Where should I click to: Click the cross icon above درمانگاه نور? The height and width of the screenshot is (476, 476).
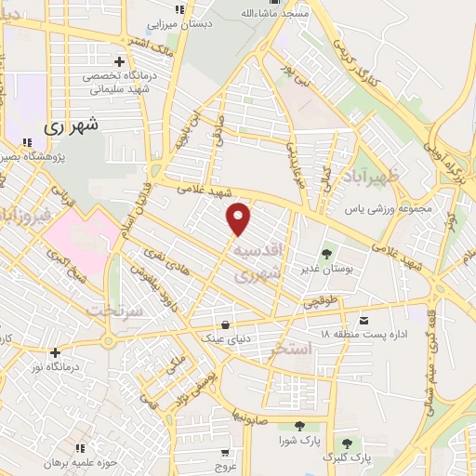[56, 352]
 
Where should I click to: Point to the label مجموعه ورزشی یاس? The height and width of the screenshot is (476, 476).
[390, 209]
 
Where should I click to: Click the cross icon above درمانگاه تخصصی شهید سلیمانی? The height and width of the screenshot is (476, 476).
[119, 61]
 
